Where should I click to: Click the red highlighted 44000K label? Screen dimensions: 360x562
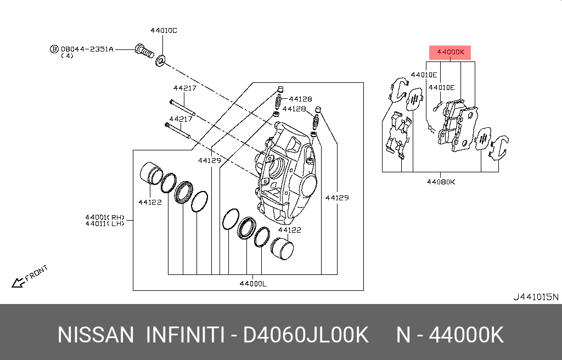tap(450, 53)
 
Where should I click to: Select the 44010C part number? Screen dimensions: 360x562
tap(164, 31)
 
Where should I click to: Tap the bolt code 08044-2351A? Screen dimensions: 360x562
tap(87, 49)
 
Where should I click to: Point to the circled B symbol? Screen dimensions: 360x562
tap(54, 49)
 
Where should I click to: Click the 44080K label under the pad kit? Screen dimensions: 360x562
tap(441, 182)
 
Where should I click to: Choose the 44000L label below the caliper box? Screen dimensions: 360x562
tap(252, 283)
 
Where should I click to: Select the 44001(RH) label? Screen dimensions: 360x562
tap(105, 216)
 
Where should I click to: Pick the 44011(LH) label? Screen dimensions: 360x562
tap(105, 223)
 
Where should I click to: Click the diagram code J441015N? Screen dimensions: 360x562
tap(535, 297)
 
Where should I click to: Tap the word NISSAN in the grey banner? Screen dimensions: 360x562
tap(95, 335)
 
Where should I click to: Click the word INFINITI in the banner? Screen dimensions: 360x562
tap(184, 335)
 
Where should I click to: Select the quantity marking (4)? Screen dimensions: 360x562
tap(68, 56)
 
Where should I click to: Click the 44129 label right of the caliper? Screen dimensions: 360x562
tap(337, 198)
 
